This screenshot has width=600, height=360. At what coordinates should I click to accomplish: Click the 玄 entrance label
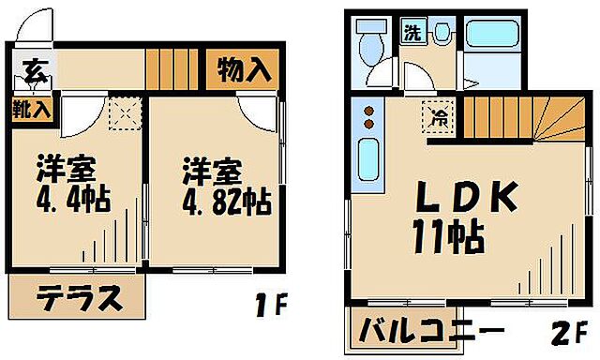33,69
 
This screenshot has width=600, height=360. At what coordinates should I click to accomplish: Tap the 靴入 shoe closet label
32,108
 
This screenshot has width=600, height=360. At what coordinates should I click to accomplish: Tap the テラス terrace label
80,299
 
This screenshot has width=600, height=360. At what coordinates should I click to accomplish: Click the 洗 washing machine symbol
412,33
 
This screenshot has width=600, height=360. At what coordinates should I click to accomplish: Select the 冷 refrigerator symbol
437,117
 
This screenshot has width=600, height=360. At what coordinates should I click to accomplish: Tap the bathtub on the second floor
492,37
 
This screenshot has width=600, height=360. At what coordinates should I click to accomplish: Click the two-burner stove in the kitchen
368,118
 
